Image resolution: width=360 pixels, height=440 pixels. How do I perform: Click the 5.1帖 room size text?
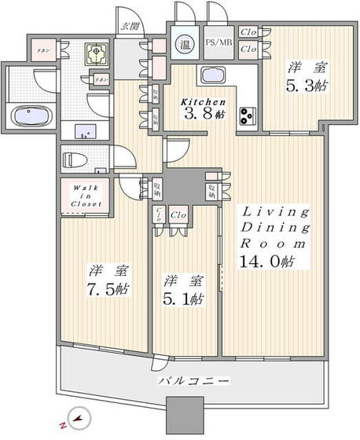(x=186, y=298)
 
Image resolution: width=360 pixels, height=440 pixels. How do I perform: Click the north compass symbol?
(x=75, y=420)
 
